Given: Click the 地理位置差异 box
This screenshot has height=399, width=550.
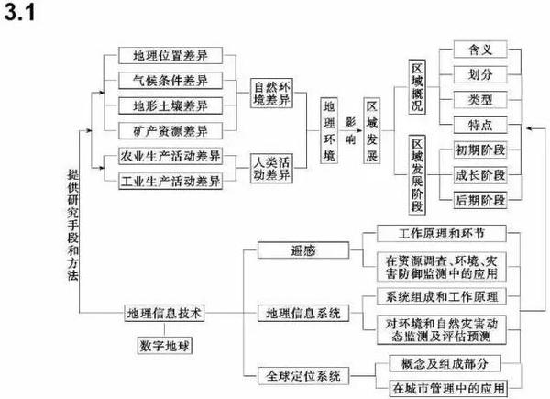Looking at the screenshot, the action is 170,55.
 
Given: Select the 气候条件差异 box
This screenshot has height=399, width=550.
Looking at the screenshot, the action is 170,81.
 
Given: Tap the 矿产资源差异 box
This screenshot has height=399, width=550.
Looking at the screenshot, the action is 170,131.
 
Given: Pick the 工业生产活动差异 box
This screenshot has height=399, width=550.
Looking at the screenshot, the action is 170,181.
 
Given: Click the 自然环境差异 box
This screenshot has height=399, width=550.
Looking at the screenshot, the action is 271,93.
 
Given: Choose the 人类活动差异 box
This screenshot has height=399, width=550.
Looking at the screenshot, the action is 271,168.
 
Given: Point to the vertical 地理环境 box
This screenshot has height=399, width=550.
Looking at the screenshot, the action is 329,130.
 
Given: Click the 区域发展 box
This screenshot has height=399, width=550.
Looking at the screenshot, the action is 372,130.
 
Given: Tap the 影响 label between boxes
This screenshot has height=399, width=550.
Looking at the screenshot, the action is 350,130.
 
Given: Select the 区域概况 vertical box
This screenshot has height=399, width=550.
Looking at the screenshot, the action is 417,86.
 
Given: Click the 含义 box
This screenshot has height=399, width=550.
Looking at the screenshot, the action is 480,50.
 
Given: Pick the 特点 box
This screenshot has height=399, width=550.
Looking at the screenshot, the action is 480,125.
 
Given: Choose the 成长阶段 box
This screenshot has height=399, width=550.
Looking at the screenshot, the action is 480,175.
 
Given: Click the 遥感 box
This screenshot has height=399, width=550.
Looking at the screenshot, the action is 303,250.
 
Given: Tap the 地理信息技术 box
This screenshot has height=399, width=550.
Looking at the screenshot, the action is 164,313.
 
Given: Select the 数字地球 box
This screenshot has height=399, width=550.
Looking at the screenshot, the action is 164,346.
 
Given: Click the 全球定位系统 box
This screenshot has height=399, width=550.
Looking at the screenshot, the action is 303,376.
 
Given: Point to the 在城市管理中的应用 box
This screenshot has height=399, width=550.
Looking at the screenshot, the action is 448,389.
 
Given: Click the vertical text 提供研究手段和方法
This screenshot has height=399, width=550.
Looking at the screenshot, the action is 73,225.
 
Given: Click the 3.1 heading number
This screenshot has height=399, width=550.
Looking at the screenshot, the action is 20,12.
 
